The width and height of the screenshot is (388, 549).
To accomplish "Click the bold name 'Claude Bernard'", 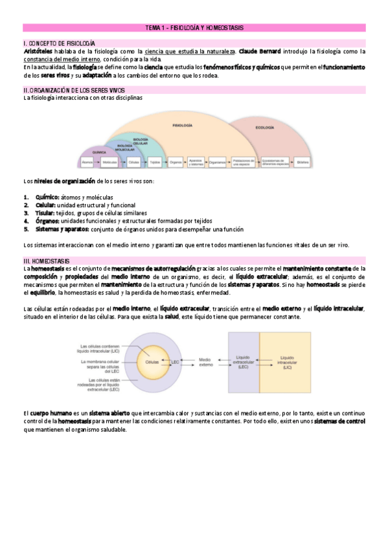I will pyautogui.click(x=262, y=51).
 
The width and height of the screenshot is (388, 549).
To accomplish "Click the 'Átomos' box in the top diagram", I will pyautogui.click(x=87, y=162).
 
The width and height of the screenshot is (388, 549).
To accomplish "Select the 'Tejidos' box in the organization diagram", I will pyautogui.click(x=155, y=162).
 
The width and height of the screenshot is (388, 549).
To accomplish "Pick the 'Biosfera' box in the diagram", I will pyautogui.click(x=302, y=162).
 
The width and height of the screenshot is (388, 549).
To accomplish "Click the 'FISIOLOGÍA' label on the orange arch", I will pyautogui.click(x=183, y=124).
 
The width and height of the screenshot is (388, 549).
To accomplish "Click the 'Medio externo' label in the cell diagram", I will pyautogui.click(x=205, y=361).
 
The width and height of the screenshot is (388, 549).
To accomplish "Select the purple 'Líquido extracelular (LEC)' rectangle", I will pyautogui.click(x=243, y=363).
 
